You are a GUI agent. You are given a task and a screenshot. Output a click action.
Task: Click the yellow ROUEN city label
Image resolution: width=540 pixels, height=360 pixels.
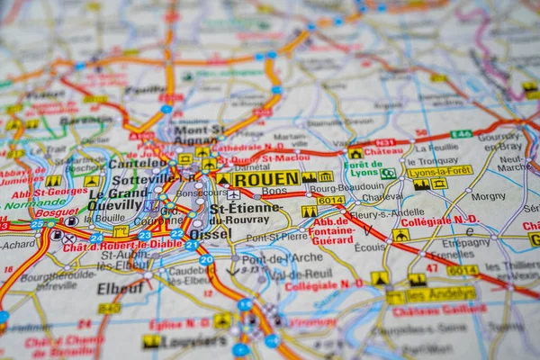(x=265, y=179)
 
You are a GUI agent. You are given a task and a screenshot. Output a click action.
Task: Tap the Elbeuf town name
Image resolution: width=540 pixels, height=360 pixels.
(x=120, y=289)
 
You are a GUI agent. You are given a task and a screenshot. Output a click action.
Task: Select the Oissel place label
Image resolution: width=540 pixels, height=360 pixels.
(x=210, y=232)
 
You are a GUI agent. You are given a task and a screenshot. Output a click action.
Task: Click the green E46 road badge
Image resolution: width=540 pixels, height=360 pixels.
(x=461, y=134)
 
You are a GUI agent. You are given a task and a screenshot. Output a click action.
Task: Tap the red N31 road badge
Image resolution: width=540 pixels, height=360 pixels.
(x=385, y=143)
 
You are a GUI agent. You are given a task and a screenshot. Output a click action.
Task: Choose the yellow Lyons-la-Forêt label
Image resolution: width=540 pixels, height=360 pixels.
(x=439, y=170)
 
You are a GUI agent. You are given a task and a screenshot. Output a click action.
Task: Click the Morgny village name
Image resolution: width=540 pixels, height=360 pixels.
(x=488, y=196)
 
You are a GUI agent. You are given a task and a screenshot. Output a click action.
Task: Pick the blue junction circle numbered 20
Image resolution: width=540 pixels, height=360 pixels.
(x=206, y=260)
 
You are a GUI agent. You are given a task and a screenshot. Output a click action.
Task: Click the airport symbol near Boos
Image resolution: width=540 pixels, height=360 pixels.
(x=234, y=194)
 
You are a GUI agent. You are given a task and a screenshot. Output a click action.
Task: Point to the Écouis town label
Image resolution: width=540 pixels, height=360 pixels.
(x=369, y=247)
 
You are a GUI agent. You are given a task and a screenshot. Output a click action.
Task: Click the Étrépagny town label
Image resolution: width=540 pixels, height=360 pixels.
(x=466, y=242)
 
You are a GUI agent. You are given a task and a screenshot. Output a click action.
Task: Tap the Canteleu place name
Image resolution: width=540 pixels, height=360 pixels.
(x=135, y=164)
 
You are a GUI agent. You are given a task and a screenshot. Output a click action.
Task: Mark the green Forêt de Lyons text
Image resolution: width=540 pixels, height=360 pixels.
(x=364, y=169)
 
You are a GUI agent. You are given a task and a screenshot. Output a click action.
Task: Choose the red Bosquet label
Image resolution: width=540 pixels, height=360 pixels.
(x=57, y=212)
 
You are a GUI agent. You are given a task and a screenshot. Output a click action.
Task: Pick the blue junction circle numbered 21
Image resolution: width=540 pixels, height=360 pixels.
(x=192, y=244)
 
